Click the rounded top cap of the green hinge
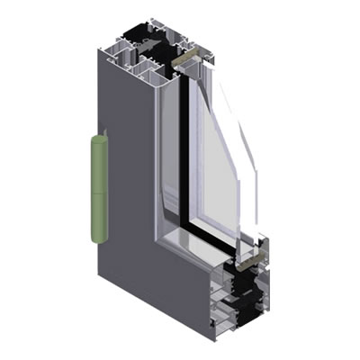pos(100,136)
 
